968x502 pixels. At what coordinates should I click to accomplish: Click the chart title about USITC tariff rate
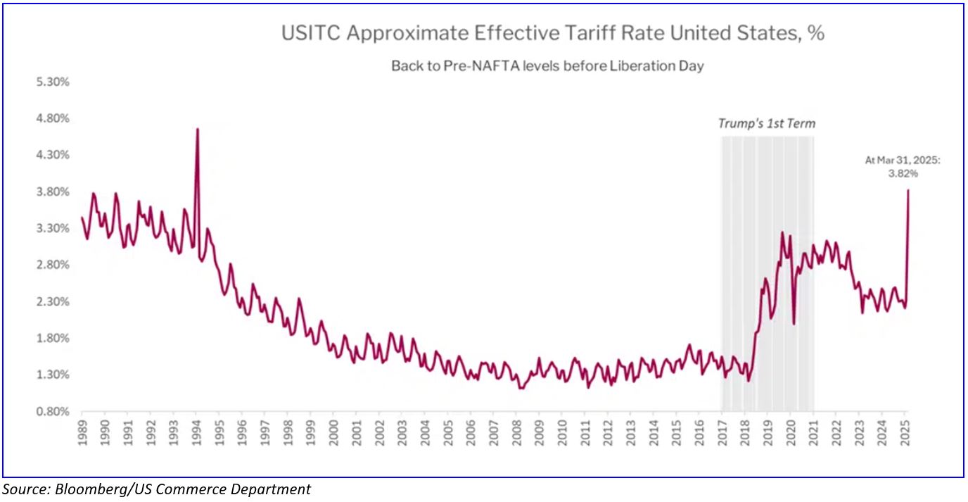(553, 33)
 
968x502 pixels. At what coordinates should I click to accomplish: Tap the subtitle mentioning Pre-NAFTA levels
(547, 66)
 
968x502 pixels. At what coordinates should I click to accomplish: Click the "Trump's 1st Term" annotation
(766, 124)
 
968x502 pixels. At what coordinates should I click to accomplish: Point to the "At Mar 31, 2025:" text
(903, 161)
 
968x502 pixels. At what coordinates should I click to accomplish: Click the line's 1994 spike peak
(198, 129)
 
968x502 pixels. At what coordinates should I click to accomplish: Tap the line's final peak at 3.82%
(908, 190)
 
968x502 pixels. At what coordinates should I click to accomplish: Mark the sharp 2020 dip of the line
(794, 323)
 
